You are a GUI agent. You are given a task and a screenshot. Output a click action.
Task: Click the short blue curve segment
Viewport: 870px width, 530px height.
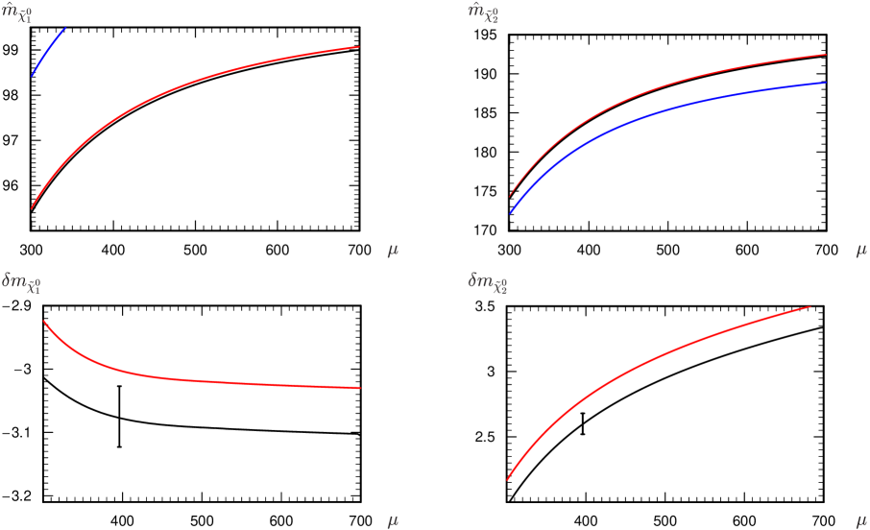48,52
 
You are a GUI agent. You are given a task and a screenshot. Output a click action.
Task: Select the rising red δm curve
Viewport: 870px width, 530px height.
653,355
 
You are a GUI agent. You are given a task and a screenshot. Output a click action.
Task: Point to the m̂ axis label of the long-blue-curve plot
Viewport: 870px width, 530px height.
483,15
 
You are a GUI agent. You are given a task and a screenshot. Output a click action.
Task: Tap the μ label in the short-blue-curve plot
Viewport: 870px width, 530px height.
392,250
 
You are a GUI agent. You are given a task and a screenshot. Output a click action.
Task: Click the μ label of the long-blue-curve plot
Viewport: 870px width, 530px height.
861,250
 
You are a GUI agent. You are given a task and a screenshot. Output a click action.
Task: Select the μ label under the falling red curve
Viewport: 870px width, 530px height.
392,520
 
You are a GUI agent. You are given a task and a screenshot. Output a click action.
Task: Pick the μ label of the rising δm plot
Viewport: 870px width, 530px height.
861,520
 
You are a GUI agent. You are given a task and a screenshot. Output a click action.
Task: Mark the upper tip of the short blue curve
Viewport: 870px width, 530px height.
65,29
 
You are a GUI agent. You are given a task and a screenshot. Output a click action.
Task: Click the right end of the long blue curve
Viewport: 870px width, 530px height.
826,83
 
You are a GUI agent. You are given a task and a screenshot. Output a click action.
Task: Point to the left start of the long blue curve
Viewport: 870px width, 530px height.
510,213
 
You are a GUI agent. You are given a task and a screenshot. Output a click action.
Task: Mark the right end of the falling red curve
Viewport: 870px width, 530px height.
359,388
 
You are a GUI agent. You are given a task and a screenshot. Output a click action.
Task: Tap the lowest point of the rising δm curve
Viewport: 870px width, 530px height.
508,478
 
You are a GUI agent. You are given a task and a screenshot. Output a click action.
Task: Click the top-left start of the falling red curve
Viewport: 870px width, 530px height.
44,321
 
